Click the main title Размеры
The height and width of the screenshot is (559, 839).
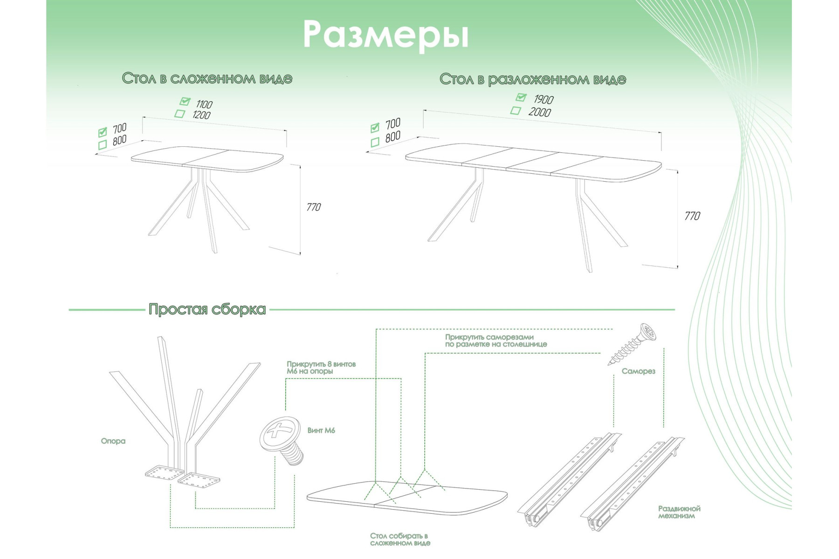[385, 35]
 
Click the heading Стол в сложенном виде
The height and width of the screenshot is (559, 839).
[207, 78]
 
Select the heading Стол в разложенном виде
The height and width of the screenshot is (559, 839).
[532, 79]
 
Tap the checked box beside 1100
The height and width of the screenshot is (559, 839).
[185, 101]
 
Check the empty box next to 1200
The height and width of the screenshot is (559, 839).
[179, 113]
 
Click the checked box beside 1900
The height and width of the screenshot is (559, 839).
[521, 97]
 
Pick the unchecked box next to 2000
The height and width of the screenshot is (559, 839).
[515, 110]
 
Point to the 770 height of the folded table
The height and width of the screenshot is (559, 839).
[314, 207]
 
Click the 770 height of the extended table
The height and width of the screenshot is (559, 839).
[692, 216]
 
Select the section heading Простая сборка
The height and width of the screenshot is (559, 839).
[207, 309]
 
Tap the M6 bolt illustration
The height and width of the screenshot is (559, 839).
[282, 440]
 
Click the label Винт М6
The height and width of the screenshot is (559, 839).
[321, 430]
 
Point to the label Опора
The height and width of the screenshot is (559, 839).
[113, 441]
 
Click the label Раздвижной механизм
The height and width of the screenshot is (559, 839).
[679, 512]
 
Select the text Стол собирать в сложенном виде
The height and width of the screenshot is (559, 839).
[400, 539]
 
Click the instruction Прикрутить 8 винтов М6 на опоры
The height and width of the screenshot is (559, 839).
[321, 368]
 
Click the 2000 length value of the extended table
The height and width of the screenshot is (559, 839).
[540, 112]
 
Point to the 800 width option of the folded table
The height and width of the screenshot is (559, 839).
[119, 140]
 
